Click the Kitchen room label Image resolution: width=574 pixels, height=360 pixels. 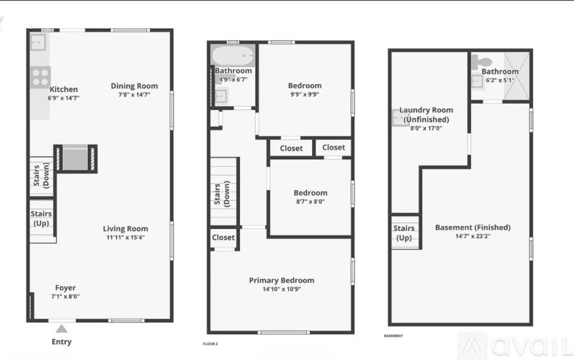click(63, 89)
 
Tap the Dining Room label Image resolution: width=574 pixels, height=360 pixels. click(134, 86)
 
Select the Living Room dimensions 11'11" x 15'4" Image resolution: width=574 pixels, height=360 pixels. click(125, 238)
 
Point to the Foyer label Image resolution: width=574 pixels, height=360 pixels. click(65, 288)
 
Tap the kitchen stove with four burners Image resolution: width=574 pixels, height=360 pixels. click(40, 76)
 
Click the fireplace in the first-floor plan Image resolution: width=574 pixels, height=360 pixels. click(75, 157)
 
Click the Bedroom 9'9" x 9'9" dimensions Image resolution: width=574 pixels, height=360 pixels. click(304, 94)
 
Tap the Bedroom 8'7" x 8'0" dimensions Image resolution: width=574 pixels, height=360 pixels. click(310, 202)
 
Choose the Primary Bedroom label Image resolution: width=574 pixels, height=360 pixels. click(281, 280)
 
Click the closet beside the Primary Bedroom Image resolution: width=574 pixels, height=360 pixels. click(223, 238)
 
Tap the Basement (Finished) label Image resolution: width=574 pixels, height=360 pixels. click(472, 228)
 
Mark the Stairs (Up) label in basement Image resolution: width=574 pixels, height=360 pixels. click(404, 233)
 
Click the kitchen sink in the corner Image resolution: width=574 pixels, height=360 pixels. click(38, 42)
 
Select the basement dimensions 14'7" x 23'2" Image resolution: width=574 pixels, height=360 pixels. click(472, 236)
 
